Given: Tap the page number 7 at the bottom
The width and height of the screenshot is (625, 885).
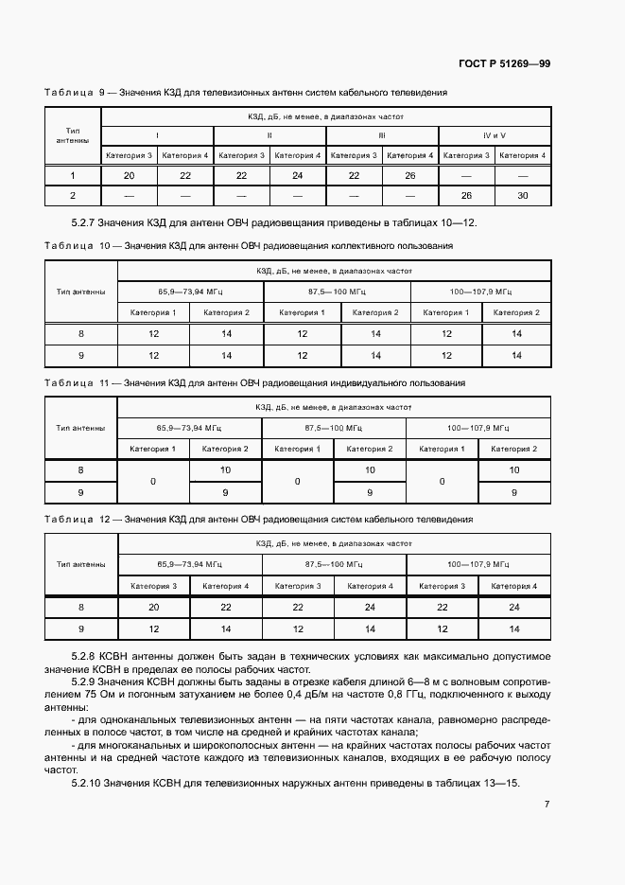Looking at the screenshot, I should tap(547, 805).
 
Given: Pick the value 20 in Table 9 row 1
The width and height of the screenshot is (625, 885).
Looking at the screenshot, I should tap(129, 175).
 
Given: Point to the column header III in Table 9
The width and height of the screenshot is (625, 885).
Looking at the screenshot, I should tap(381, 135).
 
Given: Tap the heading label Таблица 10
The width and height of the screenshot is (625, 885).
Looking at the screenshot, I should tap(78, 246).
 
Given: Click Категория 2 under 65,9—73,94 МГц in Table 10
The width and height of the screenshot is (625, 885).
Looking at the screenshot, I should tap(226, 312).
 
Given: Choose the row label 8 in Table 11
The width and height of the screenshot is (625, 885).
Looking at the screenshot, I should tap(80, 469).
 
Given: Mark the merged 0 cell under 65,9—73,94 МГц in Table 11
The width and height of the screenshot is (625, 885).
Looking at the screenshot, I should tap(152, 481).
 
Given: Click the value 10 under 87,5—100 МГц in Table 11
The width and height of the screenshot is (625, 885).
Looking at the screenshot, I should tap(370, 469).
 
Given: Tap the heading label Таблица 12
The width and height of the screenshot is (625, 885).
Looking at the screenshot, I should tap(78, 520).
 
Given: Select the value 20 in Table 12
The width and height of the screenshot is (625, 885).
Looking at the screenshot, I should tap(152, 608).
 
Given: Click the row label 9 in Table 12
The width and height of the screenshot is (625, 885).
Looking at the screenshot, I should tap(80, 628).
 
